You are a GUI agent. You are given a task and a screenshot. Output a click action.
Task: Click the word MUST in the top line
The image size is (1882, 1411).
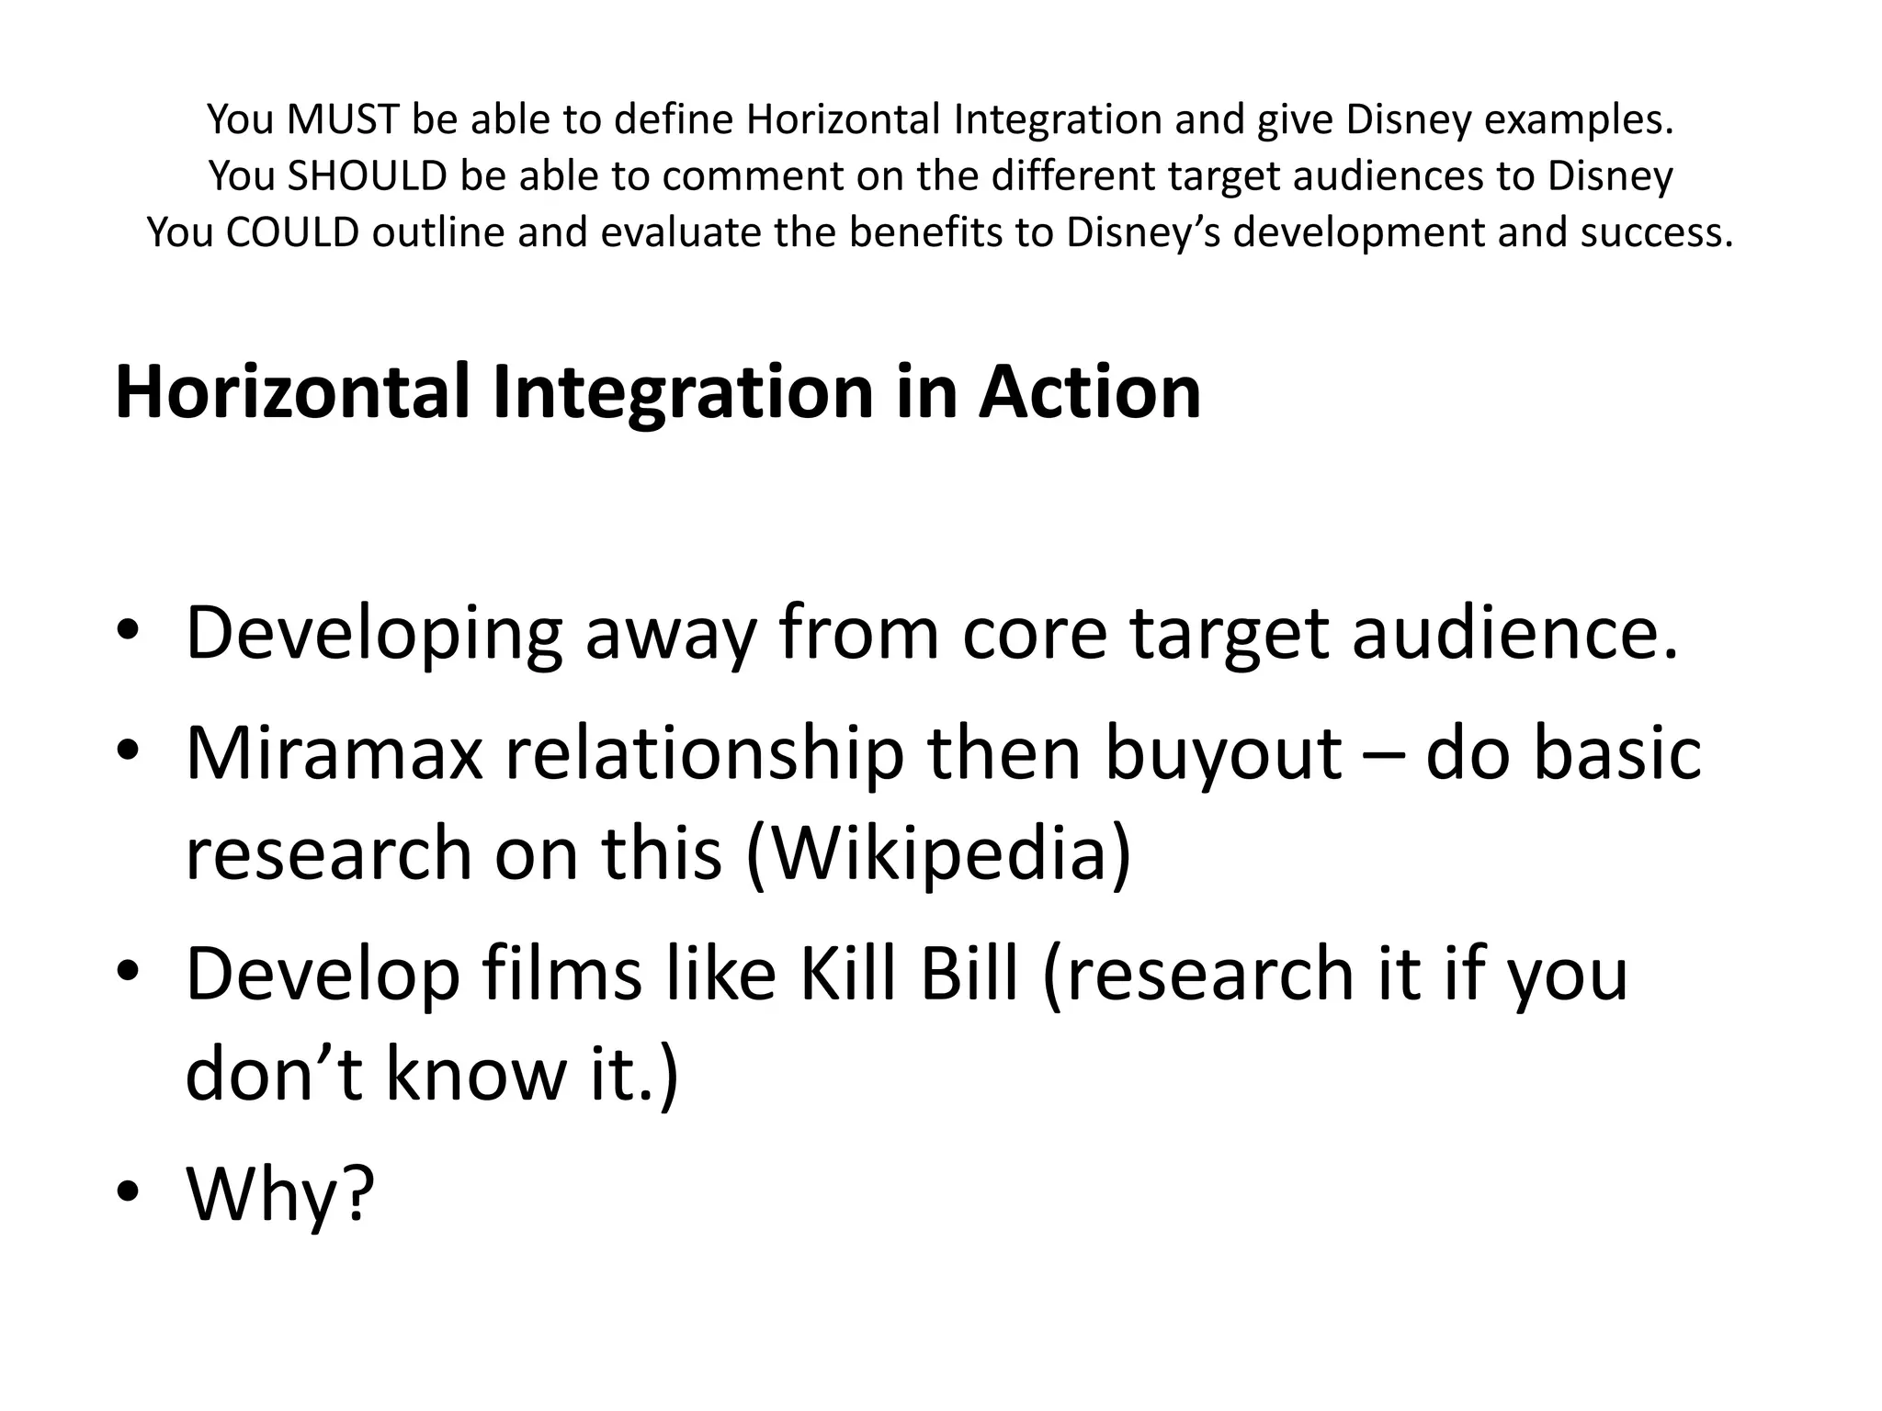click(x=343, y=119)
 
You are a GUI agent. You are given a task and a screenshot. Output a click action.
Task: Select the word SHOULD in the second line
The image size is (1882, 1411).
click(x=367, y=175)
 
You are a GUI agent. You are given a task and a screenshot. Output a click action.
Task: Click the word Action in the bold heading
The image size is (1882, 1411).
click(x=1089, y=392)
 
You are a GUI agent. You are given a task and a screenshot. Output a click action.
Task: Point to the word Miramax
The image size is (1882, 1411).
click(x=334, y=753)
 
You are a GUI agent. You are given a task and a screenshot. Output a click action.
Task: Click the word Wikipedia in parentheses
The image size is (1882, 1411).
click(x=938, y=853)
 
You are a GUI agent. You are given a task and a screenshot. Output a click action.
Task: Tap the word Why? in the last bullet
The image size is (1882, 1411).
click(x=280, y=1193)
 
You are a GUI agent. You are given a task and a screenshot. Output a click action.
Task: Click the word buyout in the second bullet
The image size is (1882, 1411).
click(x=1222, y=753)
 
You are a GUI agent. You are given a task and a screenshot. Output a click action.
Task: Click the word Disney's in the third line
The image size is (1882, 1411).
click(x=1143, y=232)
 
